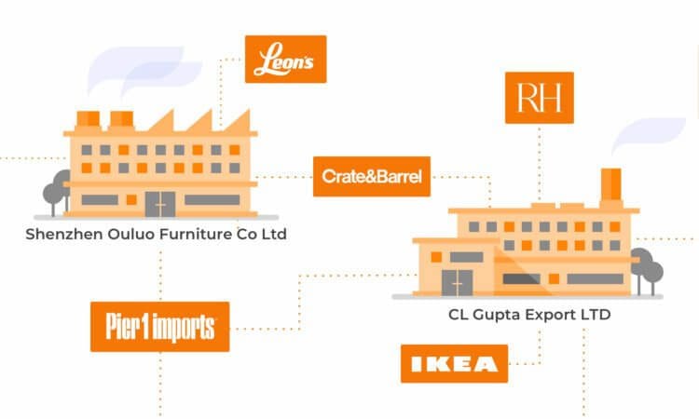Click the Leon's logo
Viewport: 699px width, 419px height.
[285, 59]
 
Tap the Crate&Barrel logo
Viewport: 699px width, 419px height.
[372, 176]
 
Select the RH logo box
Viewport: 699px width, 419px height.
[539, 98]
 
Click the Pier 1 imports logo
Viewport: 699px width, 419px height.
[159, 327]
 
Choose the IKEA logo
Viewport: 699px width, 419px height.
[454, 363]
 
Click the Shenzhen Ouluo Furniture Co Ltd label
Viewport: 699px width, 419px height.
[156, 234]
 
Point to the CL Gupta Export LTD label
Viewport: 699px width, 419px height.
[529, 315]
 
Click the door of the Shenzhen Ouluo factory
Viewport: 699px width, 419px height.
[159, 203]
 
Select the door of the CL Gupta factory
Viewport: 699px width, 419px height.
[457, 281]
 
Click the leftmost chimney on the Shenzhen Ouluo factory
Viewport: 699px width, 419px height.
[89, 119]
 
